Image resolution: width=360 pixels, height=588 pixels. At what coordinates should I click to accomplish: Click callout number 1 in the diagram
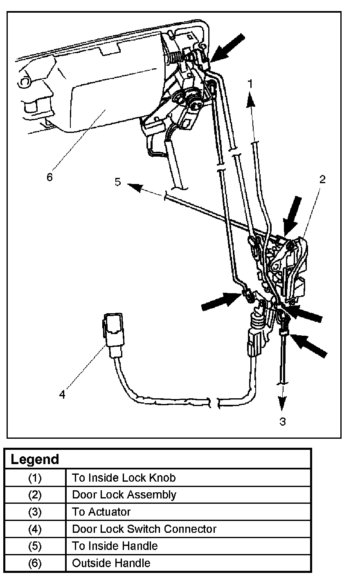pyautogui.click(x=250, y=84)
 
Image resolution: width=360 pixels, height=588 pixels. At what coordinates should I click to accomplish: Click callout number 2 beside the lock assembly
pyautogui.click(x=322, y=179)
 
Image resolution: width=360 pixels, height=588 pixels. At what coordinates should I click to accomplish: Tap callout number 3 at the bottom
pyautogui.click(x=283, y=421)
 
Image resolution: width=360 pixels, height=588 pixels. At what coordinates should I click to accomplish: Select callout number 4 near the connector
pyautogui.click(x=62, y=395)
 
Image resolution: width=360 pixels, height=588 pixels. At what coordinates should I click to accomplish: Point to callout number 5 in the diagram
pyautogui.click(x=118, y=182)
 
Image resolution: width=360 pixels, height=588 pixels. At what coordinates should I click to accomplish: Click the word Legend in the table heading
pyautogui.click(x=35, y=459)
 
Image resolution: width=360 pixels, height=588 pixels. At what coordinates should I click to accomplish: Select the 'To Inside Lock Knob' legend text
pyautogui.click(x=124, y=478)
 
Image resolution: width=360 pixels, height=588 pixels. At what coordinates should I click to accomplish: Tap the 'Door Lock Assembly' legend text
pyautogui.click(x=124, y=495)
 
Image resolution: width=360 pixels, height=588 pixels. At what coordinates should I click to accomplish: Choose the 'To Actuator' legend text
pyautogui.click(x=101, y=512)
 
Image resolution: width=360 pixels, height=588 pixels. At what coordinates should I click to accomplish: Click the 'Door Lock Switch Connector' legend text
pyautogui.click(x=144, y=529)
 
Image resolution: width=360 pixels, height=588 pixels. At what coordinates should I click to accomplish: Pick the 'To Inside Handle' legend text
pyautogui.click(x=115, y=546)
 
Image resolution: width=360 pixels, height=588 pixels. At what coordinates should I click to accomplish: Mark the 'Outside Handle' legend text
pyautogui.click(x=111, y=563)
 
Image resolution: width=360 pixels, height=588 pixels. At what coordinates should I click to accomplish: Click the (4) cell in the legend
pyautogui.click(x=35, y=529)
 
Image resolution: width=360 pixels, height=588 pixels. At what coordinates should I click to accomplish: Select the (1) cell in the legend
pyautogui.click(x=35, y=478)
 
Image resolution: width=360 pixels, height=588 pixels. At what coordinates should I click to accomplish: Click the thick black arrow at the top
pyautogui.click(x=229, y=47)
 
